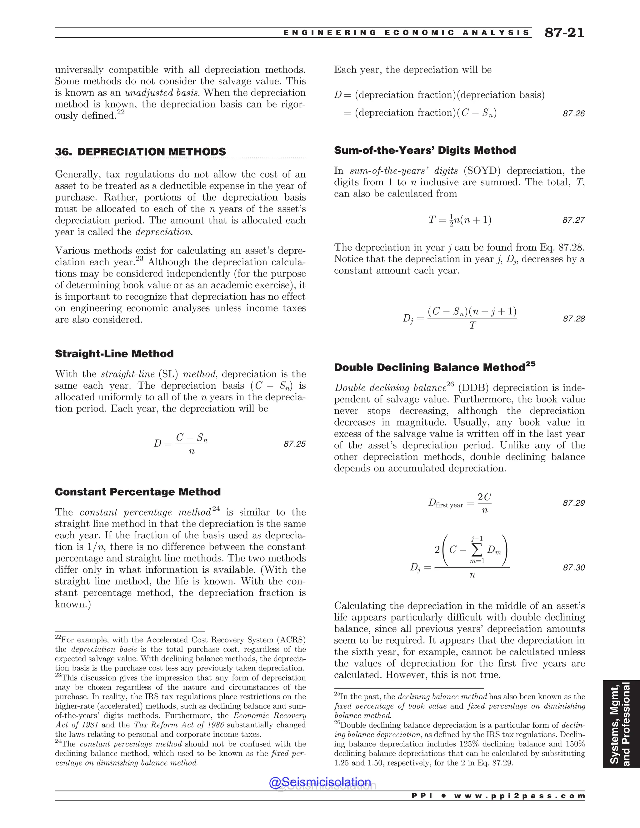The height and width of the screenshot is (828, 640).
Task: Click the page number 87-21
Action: (x=564, y=33)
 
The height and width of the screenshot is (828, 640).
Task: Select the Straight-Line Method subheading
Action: (x=114, y=354)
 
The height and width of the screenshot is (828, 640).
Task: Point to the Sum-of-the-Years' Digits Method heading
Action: (x=425, y=151)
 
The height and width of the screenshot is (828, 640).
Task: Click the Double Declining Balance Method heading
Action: (x=434, y=367)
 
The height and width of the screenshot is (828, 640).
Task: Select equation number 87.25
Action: (x=295, y=444)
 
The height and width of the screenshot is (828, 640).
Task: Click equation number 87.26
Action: (x=574, y=114)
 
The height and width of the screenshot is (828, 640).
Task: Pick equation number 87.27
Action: (x=574, y=220)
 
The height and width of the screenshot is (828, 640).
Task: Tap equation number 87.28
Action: (x=574, y=319)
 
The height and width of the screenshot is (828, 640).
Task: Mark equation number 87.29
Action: (x=574, y=503)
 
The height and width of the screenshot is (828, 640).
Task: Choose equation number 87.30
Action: (x=574, y=567)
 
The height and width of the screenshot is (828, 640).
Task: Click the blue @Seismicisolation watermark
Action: (x=320, y=782)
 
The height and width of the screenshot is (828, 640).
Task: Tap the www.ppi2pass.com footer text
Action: (x=519, y=796)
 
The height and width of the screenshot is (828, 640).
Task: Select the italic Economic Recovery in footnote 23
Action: (x=270, y=716)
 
